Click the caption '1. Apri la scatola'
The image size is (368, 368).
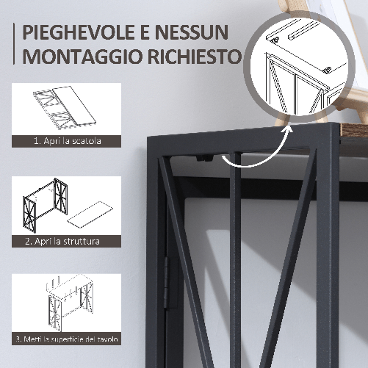(67, 140)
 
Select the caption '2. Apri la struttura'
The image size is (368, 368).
(67, 239)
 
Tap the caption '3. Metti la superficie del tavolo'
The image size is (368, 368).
(67, 339)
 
